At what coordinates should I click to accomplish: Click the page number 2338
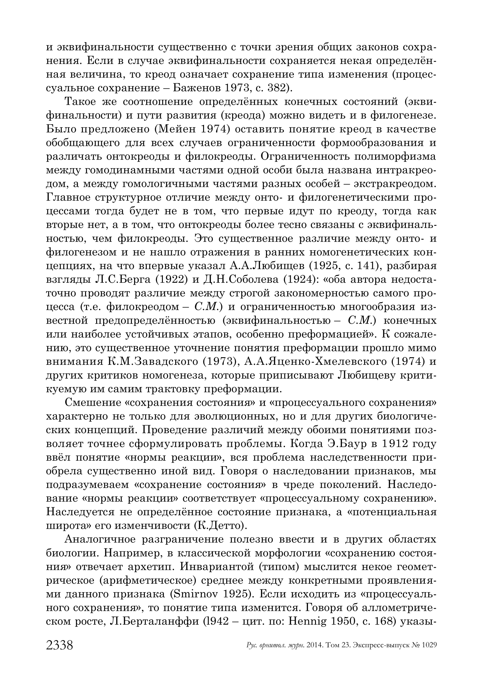tap(59, 645)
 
